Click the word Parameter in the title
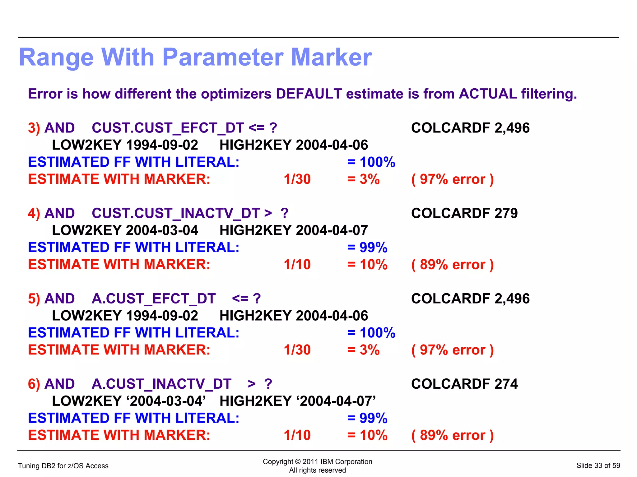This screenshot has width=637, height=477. [223, 58]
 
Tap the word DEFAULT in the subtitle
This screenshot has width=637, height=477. [309, 94]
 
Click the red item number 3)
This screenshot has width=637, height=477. [34, 128]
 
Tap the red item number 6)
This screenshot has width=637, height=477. [34, 384]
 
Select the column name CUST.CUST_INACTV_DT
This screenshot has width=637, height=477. [175, 213]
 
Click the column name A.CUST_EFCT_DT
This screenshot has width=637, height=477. [153, 299]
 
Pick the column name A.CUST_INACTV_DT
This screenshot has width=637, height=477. [161, 384]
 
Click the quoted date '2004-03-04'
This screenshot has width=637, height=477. [166, 401]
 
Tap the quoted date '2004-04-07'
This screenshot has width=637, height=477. [336, 401]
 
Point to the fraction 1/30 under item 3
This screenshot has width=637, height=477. [297, 179]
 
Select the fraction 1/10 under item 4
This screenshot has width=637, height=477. [297, 265]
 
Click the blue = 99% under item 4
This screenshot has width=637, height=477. [367, 248]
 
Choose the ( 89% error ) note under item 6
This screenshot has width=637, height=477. [452, 435]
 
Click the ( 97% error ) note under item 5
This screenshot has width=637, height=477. [452, 350]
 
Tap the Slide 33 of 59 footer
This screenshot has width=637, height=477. [598, 465]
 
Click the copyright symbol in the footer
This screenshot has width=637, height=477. [298, 462]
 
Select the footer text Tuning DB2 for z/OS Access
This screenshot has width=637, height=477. [63, 466]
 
